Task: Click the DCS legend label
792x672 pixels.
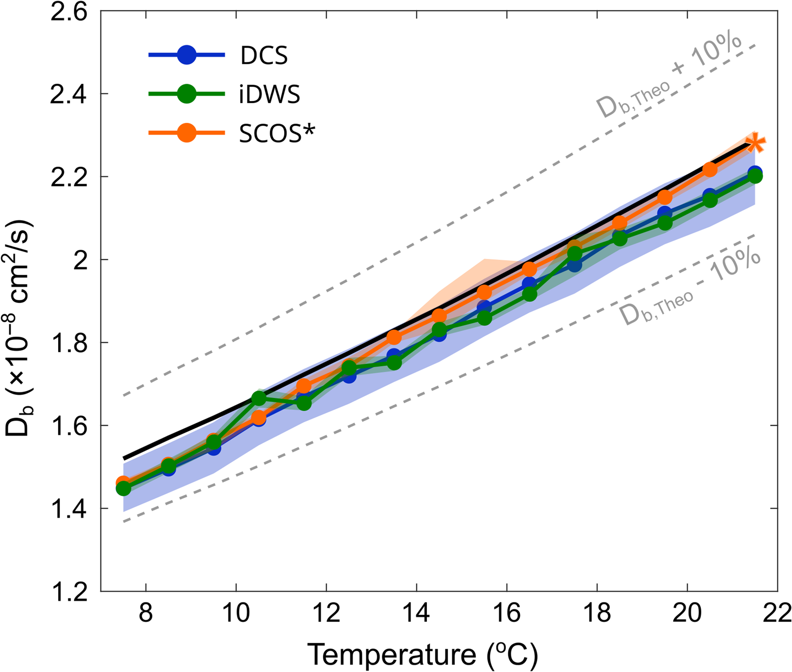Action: click(x=264, y=55)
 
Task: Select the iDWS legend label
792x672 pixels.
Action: click(x=269, y=95)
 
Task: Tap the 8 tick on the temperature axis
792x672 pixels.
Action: click(x=146, y=613)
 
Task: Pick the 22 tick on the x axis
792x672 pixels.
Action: click(x=777, y=613)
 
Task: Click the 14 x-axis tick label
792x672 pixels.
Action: click(x=416, y=613)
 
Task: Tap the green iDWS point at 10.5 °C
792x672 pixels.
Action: click(x=259, y=398)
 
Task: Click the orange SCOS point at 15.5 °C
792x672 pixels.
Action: click(x=484, y=292)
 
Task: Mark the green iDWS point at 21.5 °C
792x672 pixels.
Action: click(x=755, y=176)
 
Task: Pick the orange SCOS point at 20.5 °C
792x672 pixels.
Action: click(x=710, y=170)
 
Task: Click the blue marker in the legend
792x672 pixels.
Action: click(x=186, y=55)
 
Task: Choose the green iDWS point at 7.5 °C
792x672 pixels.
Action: click(x=124, y=489)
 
